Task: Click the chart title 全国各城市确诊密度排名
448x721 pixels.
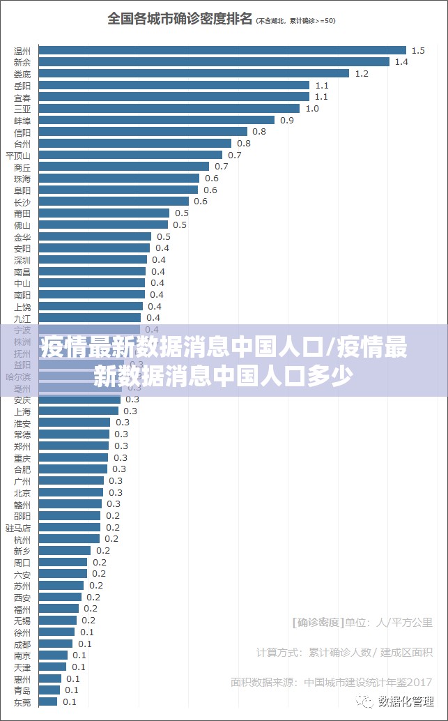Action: (180, 19)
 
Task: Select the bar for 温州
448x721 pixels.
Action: (222, 50)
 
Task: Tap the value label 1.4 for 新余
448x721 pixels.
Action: (401, 62)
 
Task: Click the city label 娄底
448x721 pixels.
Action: (22, 74)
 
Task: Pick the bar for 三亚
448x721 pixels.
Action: (169, 109)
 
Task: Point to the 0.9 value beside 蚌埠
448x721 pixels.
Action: (287, 121)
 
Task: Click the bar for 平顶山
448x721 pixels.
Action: (130, 155)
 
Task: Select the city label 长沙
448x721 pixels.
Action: (22, 202)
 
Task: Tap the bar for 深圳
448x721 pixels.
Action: (93, 260)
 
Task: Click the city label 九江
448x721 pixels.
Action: (22, 318)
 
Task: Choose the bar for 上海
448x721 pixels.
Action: (79, 411)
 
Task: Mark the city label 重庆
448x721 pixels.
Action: (22, 458)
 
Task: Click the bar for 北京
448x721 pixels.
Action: (71, 493)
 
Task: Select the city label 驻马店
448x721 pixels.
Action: (18, 528)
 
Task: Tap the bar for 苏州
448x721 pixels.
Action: (61, 586)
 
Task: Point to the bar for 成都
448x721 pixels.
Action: (56, 644)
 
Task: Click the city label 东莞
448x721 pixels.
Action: (22, 702)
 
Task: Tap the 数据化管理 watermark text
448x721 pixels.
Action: (406, 700)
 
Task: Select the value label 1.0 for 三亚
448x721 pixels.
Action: (312, 109)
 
